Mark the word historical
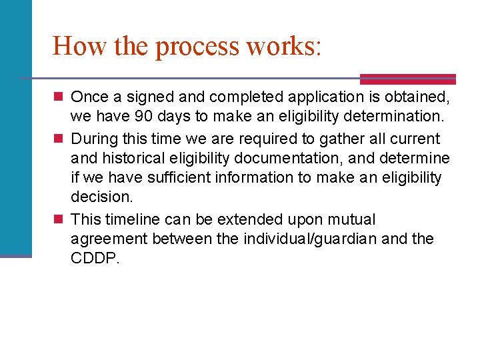131,158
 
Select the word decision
102,197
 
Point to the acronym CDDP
94,258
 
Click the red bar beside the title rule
407,79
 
